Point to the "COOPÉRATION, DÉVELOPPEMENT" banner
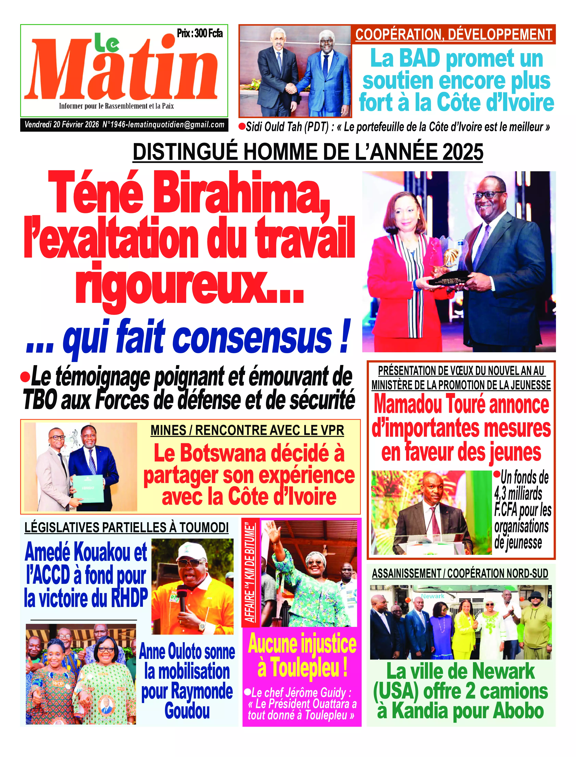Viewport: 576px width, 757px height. (454, 35)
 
